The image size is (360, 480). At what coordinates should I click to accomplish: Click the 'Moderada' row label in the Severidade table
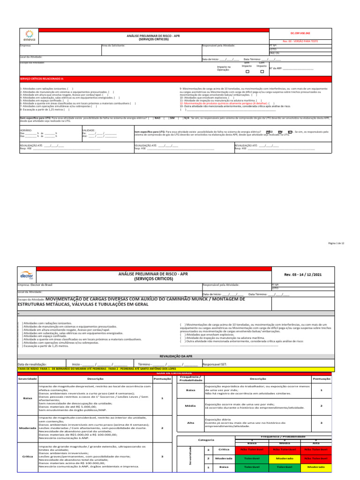tap(24, 428)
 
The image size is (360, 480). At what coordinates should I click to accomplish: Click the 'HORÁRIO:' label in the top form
tap(26, 130)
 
